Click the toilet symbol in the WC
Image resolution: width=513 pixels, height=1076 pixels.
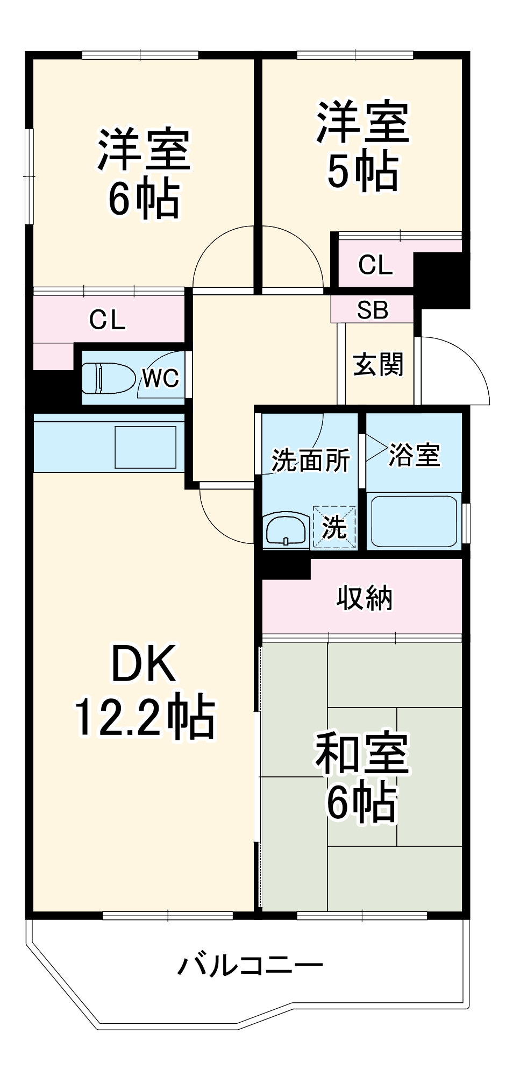108,378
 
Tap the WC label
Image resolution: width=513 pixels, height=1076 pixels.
160,378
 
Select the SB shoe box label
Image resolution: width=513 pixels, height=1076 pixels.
373,310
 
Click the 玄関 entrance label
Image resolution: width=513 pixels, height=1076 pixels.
379,365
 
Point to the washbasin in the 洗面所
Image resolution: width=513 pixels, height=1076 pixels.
287,530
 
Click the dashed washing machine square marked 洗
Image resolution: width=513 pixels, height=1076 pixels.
334,527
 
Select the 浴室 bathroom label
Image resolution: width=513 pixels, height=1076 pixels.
414,455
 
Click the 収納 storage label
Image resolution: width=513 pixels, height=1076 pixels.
365,598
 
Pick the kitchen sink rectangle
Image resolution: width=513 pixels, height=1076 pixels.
146,447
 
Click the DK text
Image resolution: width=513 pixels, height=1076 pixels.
144,664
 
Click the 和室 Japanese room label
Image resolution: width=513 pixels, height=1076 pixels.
362,753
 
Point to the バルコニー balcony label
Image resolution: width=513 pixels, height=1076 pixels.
251,966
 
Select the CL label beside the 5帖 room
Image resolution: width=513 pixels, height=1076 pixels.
375,265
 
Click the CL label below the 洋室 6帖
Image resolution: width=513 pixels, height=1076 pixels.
108,320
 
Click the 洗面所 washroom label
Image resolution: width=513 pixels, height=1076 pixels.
310,461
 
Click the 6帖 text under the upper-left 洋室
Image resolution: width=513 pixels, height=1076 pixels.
144,198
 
